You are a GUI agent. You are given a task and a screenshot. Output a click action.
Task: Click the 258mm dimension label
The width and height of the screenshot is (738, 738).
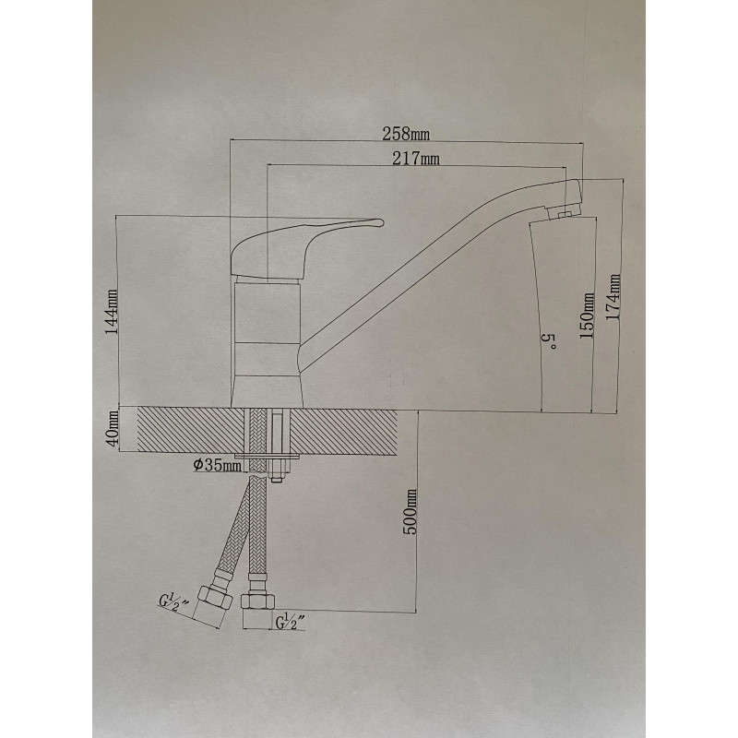406,134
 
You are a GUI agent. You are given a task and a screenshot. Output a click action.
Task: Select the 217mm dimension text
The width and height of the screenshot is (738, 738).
416,159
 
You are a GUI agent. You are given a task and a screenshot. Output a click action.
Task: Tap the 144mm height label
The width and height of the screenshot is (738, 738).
112,312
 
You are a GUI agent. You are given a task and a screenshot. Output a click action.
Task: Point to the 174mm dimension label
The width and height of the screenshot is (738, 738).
613,297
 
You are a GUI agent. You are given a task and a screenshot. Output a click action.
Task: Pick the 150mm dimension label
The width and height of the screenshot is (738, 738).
587,315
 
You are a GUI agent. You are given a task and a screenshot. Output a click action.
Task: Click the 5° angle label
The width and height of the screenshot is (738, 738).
549,341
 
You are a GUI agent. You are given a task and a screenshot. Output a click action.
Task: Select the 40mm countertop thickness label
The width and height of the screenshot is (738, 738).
113,429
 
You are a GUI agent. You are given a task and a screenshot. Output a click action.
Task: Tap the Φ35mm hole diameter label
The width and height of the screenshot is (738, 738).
217,466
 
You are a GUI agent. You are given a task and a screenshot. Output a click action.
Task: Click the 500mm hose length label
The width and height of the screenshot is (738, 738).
410,512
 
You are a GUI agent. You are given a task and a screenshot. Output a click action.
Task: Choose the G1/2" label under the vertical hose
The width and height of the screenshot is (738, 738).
290,622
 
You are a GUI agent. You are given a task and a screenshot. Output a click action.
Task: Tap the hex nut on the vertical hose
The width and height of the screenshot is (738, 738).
258,601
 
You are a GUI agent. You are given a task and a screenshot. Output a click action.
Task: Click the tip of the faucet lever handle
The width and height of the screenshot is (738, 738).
382,222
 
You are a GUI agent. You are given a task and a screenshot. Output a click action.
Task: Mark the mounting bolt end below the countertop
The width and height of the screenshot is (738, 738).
276,480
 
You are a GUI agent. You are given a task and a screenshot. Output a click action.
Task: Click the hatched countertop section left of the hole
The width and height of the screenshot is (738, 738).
190,431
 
